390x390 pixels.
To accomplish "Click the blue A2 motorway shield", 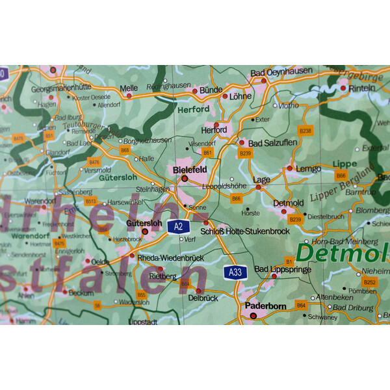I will [x=177, y=226].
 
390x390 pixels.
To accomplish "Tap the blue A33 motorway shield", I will [x=235, y=272].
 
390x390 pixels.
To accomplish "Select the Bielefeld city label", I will [x=190, y=169].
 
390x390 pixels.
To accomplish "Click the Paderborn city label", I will [x=266, y=305].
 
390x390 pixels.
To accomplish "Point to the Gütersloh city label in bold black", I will [x=144, y=222].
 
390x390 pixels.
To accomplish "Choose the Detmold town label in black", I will [x=288, y=203].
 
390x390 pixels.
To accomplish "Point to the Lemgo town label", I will [x=308, y=169].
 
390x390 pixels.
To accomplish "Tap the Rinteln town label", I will [x=362, y=88].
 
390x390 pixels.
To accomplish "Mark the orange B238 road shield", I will [x=305, y=131].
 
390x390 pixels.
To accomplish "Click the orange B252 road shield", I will [x=370, y=282].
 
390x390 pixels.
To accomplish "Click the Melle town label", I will [x=129, y=88].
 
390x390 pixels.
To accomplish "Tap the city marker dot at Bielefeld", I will [x=185, y=178].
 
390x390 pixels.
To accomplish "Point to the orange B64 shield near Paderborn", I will [x=301, y=304].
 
